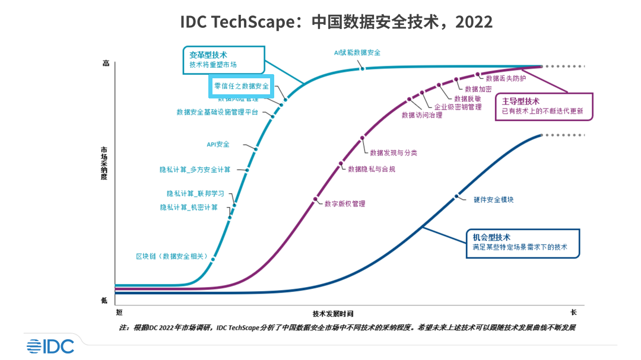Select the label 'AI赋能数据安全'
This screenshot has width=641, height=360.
[357, 52]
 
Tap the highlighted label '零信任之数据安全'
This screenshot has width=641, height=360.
[242, 86]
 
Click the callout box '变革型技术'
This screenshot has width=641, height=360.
[222, 60]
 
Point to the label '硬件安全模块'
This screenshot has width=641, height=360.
[494, 200]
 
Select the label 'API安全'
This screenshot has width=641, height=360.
[218, 144]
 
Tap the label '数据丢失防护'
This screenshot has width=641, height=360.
[506, 78]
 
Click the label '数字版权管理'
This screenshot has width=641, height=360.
[345, 203]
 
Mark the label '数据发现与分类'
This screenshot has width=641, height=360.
[394, 152]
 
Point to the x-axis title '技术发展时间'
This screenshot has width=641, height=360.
[337, 314]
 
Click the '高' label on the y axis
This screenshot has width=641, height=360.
[106, 63]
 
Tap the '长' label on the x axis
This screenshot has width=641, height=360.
[573, 312]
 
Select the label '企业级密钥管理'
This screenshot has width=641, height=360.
[458, 107]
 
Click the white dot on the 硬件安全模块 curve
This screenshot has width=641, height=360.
[457, 196]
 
